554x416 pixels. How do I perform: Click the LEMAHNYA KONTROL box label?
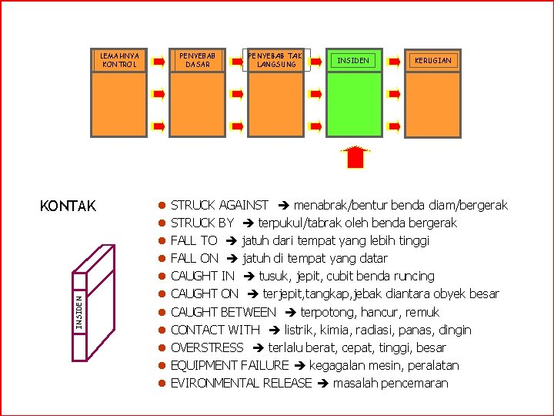click(120, 60)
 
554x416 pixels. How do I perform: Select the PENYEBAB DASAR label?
click(198, 60)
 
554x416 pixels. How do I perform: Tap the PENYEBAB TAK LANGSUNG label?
click(275, 60)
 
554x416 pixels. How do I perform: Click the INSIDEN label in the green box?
click(353, 60)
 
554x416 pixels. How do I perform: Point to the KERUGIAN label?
click(433, 60)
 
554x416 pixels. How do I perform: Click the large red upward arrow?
click(355, 156)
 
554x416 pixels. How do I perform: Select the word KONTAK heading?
click(68, 206)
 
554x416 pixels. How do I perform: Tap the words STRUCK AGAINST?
click(219, 205)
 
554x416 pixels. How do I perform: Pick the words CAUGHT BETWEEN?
click(223, 312)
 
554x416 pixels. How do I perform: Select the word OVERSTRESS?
click(207, 347)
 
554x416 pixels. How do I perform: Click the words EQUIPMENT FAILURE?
click(229, 365)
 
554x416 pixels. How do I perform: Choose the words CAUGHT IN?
click(202, 276)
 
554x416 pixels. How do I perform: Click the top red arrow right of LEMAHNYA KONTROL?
click(159, 60)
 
